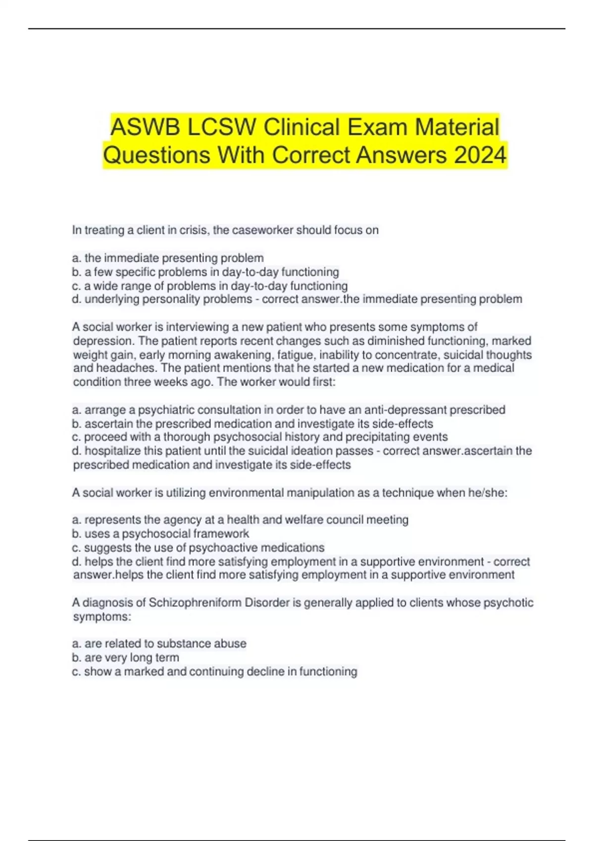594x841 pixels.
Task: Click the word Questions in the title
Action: pos(157,155)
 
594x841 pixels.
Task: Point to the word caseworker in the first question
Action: pos(262,230)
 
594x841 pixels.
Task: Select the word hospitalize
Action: pos(112,451)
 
